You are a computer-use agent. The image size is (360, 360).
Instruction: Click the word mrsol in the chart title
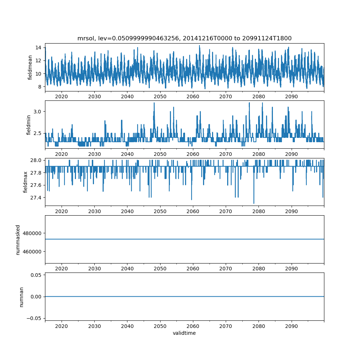click(85, 38)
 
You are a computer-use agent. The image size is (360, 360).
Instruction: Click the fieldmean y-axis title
click(30, 67)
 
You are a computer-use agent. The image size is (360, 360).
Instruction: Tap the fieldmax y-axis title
click(26, 182)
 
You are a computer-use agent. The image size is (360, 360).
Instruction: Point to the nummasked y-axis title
click(18, 239)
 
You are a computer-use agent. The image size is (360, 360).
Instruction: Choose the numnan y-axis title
click(21, 297)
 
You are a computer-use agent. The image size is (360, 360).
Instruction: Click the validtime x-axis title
click(184, 333)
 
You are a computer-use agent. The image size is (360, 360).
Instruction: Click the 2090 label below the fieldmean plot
click(291, 96)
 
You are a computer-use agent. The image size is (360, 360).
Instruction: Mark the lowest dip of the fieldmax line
click(254, 203)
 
